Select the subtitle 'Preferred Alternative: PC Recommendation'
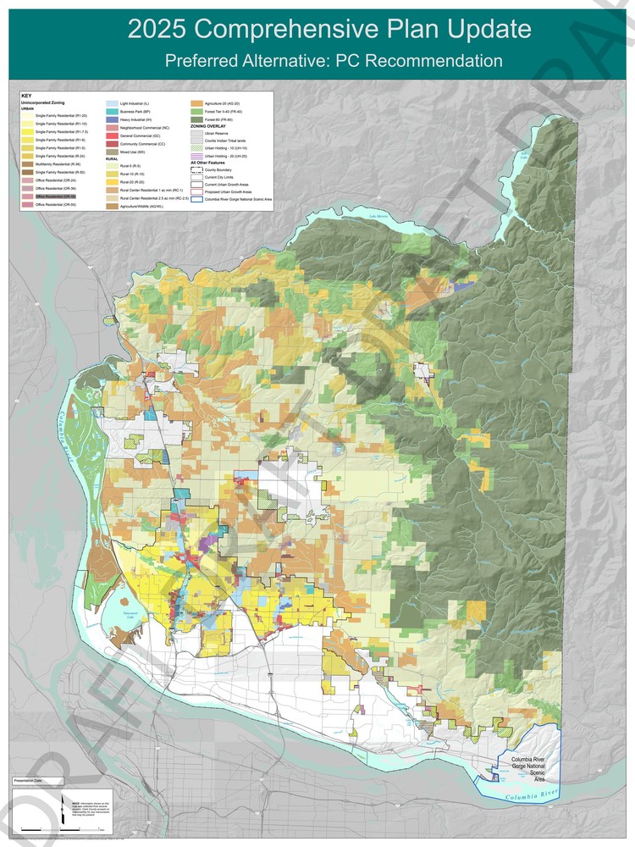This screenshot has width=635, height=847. click(x=334, y=61)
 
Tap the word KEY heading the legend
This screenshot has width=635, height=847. click(x=26, y=96)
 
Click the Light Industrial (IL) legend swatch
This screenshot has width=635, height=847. click(x=111, y=102)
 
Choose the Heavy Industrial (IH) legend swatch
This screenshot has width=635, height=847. click(x=111, y=119)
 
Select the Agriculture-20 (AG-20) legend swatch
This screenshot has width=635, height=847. click(x=197, y=102)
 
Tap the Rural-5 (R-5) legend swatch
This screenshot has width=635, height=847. click(x=111, y=166)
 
